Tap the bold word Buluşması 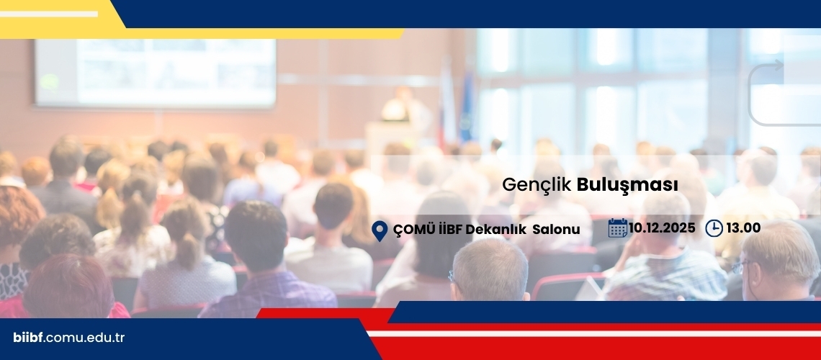pos(627,185)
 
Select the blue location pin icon pos(380,230)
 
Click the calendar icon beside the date pos(618,228)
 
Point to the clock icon pos(714,228)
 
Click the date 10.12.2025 pos(663,228)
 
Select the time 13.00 pos(743,228)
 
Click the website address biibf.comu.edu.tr pos(68,338)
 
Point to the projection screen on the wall pos(156,73)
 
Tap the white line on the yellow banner pos(49,14)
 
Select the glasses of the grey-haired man pos(741,266)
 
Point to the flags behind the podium pos(456,104)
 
